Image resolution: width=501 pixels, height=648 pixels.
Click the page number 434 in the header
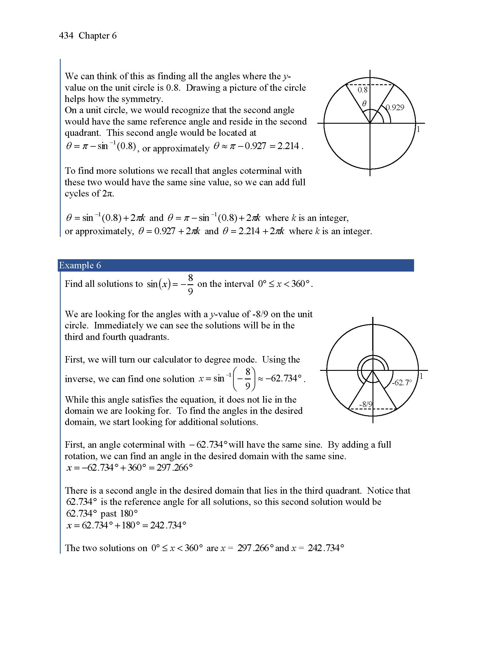pyautogui.click(x=66, y=36)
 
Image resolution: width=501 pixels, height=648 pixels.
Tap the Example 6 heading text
pyautogui.click(x=80, y=265)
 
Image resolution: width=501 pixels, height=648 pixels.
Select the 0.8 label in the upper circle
pyautogui.click(x=362, y=90)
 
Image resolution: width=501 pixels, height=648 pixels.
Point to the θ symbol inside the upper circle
pyautogui.click(x=364, y=103)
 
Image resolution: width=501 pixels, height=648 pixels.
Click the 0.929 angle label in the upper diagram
pyautogui.click(x=395, y=108)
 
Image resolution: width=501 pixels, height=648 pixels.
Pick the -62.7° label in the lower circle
pyautogui.click(x=402, y=383)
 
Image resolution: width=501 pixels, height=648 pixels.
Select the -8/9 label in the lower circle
pyautogui.click(x=366, y=404)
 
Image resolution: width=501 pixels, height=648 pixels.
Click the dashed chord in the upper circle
pyautogui.click(x=380, y=85)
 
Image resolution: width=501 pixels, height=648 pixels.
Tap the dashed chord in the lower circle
pyautogui.click(x=383, y=409)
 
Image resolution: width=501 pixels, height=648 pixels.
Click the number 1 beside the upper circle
pyautogui.click(x=418, y=129)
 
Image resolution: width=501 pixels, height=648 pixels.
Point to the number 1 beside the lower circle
pyautogui.click(x=421, y=376)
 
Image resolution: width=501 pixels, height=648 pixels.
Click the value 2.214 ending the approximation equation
pyautogui.click(x=288, y=146)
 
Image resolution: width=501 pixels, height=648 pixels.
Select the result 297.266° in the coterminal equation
pyautogui.click(x=174, y=468)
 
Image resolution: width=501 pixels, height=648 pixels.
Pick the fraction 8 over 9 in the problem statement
pyautogui.click(x=190, y=285)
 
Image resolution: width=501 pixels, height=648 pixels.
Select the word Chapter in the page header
pyautogui.click(x=94, y=36)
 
